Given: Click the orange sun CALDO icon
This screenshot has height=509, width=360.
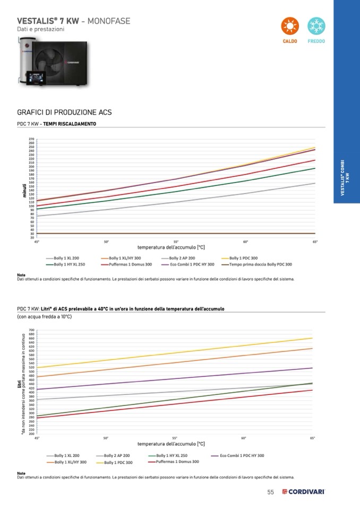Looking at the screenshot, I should tap(290, 27).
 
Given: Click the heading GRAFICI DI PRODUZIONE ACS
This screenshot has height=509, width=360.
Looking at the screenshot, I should tap(64, 113).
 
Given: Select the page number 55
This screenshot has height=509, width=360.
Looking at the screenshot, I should tap(270, 492).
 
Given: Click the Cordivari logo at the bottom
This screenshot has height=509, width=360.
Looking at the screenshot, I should tap(303, 492).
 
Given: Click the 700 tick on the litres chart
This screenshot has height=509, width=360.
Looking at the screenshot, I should tap(31, 330).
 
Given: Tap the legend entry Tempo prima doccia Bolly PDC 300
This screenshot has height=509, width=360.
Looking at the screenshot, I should tap(256, 264).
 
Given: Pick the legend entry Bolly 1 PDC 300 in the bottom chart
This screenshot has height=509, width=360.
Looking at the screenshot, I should tap(114, 462).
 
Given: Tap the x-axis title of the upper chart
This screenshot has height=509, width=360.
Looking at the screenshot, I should tap(171, 247).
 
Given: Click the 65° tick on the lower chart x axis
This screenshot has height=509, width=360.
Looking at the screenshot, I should tap(312, 438).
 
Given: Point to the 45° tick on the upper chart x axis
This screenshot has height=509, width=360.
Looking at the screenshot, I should tap(37, 241).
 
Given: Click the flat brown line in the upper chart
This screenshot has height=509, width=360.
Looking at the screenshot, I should tap(175, 233).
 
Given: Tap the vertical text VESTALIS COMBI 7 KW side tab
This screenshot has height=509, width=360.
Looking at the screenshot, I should tap(346, 178).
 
